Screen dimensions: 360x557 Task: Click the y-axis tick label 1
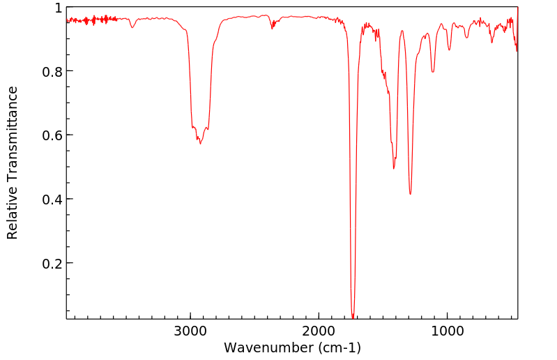(58, 8)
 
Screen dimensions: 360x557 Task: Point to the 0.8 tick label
(52, 71)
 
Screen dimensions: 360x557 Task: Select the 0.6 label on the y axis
(52, 135)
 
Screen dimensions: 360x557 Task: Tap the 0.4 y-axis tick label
(52, 200)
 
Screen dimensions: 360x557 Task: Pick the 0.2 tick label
(52, 263)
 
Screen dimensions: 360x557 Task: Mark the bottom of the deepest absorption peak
(353, 317)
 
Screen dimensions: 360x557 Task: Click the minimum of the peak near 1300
(411, 194)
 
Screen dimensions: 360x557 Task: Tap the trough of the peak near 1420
(394, 168)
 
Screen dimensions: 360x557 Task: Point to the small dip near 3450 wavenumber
(132, 27)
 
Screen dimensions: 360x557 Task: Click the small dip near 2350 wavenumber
(273, 28)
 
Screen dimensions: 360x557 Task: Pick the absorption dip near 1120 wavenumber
(433, 72)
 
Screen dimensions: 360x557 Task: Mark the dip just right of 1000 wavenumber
(450, 50)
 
